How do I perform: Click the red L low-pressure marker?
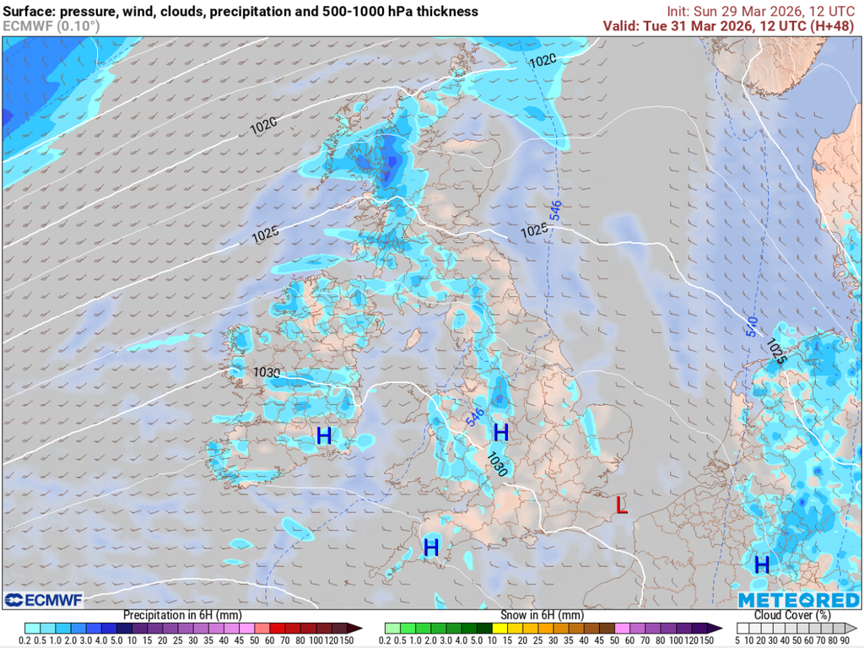click(622, 505)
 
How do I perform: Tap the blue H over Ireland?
click(323, 436)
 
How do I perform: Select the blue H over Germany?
click(762, 564)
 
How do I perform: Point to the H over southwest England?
click(431, 548)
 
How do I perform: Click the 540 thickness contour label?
click(751, 327)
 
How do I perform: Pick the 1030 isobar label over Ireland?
click(267, 372)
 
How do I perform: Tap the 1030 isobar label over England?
click(497, 463)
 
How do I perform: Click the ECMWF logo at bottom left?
click(43, 600)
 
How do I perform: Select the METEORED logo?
click(798, 600)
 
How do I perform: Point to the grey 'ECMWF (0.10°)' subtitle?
click(51, 26)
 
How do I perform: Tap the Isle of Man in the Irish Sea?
click(413, 339)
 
